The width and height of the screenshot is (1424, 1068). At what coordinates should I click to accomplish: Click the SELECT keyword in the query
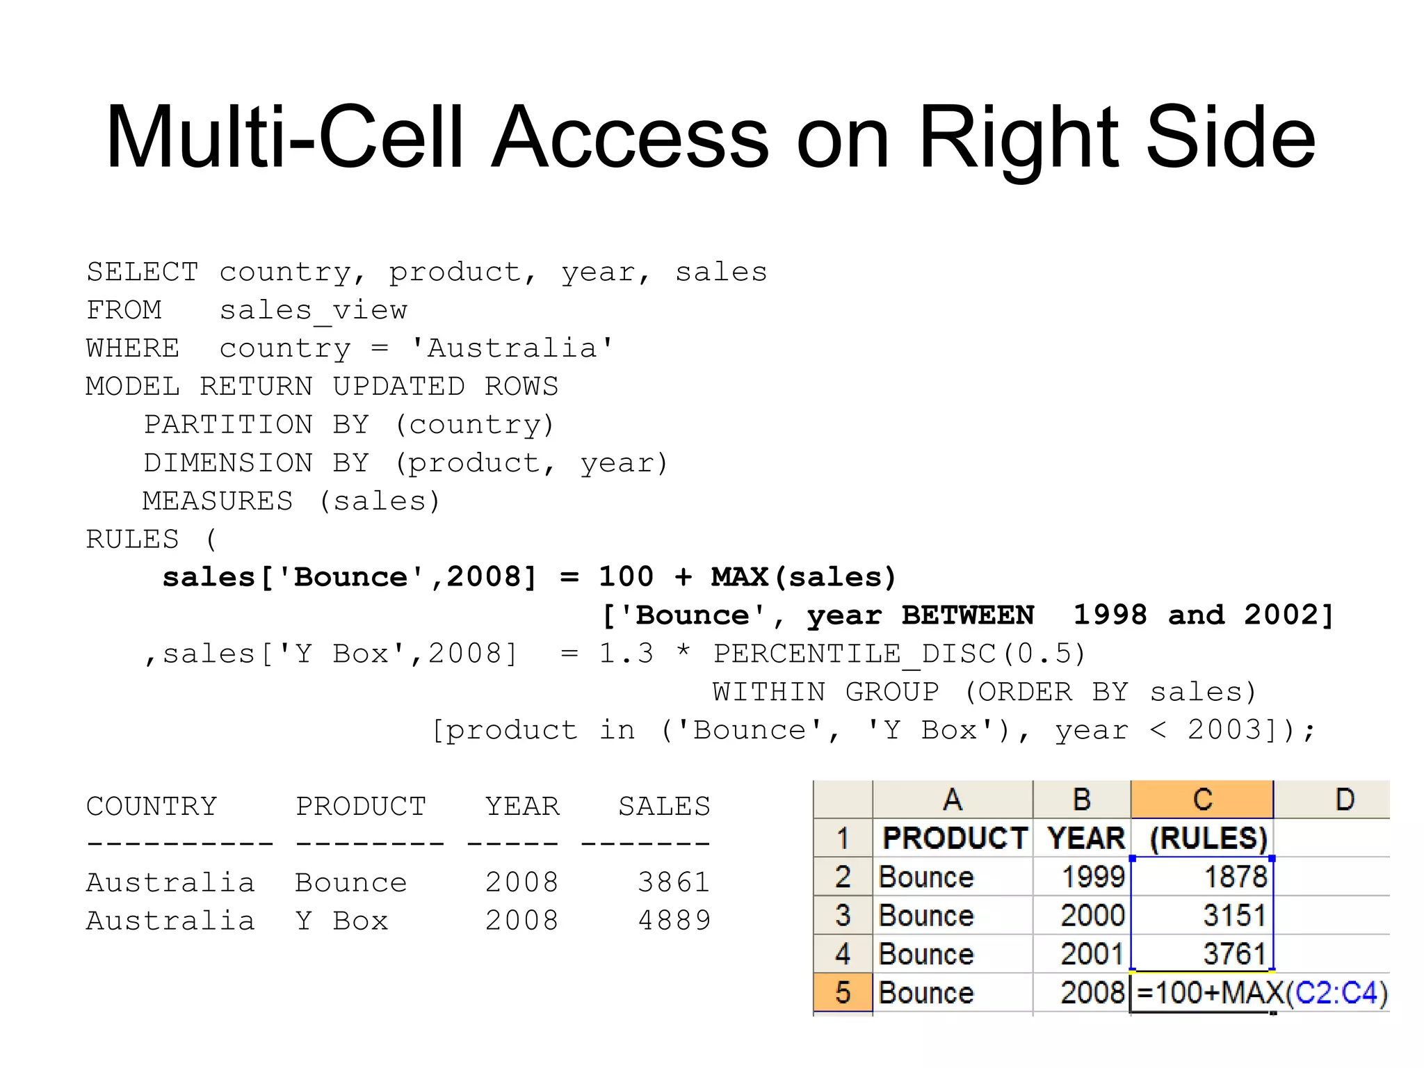pyautogui.click(x=143, y=272)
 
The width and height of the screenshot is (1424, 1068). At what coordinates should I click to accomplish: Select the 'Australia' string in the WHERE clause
pyautogui.click(x=512, y=348)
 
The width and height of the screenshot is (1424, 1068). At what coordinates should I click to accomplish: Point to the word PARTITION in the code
pyautogui.click(x=228, y=424)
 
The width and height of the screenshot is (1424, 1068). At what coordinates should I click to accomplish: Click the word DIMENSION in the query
pyautogui.click(x=228, y=462)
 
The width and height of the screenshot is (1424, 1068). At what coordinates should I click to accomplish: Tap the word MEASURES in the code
pyautogui.click(x=218, y=501)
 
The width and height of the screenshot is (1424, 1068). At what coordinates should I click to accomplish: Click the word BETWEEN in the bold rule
pyautogui.click(x=968, y=615)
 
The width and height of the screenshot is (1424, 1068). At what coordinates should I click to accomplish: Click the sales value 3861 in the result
pyautogui.click(x=674, y=882)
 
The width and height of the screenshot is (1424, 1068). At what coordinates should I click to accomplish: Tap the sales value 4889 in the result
pyautogui.click(x=674, y=921)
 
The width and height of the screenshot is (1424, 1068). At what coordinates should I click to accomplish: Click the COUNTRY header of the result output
pyautogui.click(x=152, y=807)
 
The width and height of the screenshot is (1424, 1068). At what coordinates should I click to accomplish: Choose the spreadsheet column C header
pyautogui.click(x=1202, y=800)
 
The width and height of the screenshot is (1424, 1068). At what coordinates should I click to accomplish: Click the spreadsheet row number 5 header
pyautogui.click(x=843, y=992)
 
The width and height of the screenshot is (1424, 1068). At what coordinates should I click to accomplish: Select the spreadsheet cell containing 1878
pyautogui.click(x=1203, y=877)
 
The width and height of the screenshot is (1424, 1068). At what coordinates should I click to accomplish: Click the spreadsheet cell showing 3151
pyautogui.click(x=1203, y=916)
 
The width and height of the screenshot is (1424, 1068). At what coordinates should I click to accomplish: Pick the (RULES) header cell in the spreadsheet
pyautogui.click(x=1207, y=839)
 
